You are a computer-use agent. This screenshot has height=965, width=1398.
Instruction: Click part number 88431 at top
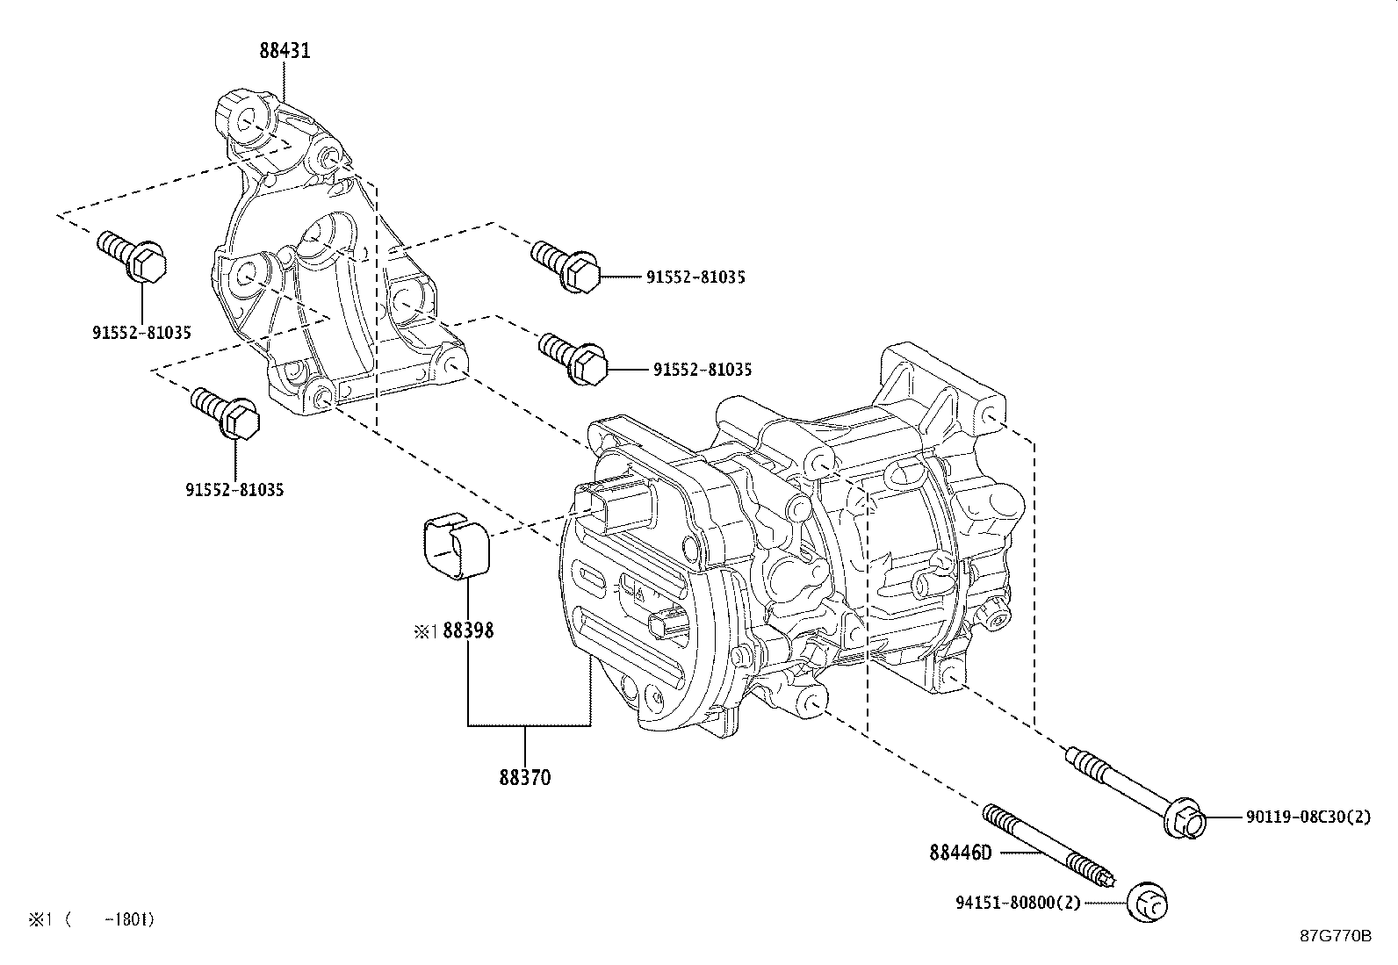click(284, 51)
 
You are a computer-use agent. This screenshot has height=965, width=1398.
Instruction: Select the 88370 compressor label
click(525, 778)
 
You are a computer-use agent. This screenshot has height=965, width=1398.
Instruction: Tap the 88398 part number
click(468, 630)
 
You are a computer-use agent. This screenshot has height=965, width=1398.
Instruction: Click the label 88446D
click(960, 852)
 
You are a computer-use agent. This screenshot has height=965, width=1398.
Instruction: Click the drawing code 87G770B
click(1336, 935)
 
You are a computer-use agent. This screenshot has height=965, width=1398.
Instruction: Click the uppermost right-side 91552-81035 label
click(695, 277)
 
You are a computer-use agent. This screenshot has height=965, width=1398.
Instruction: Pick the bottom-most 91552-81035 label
click(234, 490)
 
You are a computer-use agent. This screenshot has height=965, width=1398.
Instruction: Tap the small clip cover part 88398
click(454, 550)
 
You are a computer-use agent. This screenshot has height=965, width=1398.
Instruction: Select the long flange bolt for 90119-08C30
click(1133, 789)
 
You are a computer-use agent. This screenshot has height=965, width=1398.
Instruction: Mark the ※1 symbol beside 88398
click(425, 630)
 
